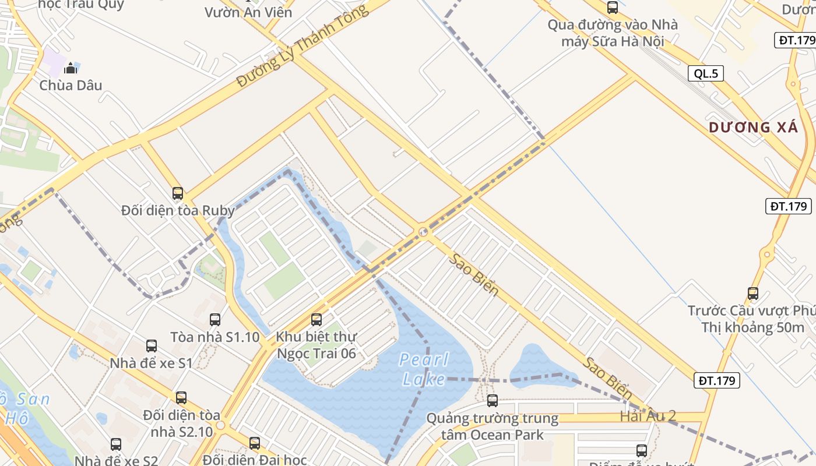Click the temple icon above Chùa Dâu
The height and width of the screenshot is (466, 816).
coord(71,68)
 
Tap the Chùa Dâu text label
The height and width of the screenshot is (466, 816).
coord(71,85)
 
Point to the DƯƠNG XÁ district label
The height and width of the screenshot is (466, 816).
coord(753,128)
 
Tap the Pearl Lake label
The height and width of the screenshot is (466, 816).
coord(424,369)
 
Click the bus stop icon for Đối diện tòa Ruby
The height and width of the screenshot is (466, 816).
coord(178,193)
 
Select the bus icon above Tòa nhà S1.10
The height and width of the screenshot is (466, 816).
coord(215,319)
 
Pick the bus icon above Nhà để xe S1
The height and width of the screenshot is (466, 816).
coord(152,346)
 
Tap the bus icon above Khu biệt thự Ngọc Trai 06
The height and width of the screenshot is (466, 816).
coord(316,319)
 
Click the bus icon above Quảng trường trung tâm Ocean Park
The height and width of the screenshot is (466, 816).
coord(493,401)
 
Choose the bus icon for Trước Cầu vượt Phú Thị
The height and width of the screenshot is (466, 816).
coord(753,294)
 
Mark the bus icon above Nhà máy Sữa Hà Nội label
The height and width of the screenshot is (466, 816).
coord(613,8)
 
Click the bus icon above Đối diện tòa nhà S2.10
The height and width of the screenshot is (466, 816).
coord(181,398)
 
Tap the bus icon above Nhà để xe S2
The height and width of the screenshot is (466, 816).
coord(116,444)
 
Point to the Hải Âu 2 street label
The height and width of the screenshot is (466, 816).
coord(648,416)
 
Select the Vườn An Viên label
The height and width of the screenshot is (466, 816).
coord(248,12)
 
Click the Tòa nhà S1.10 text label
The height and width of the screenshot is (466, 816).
coord(215,337)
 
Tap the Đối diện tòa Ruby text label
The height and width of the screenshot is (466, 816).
coord(178,210)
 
